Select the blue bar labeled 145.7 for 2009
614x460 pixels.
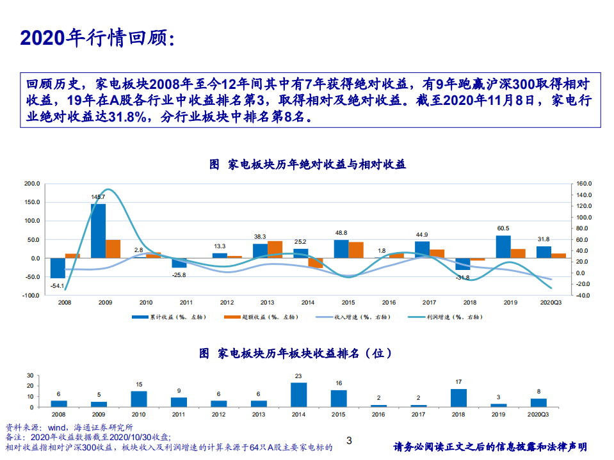tap(98, 230)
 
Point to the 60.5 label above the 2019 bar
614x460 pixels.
tap(503, 228)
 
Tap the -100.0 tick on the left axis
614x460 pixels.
tap(31, 296)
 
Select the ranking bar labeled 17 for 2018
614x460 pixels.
tap(458, 398)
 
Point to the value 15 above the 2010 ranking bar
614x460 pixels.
tap(139, 385)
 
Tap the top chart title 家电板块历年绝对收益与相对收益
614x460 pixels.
tap(307, 164)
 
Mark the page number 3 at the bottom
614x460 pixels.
tap(349, 440)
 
